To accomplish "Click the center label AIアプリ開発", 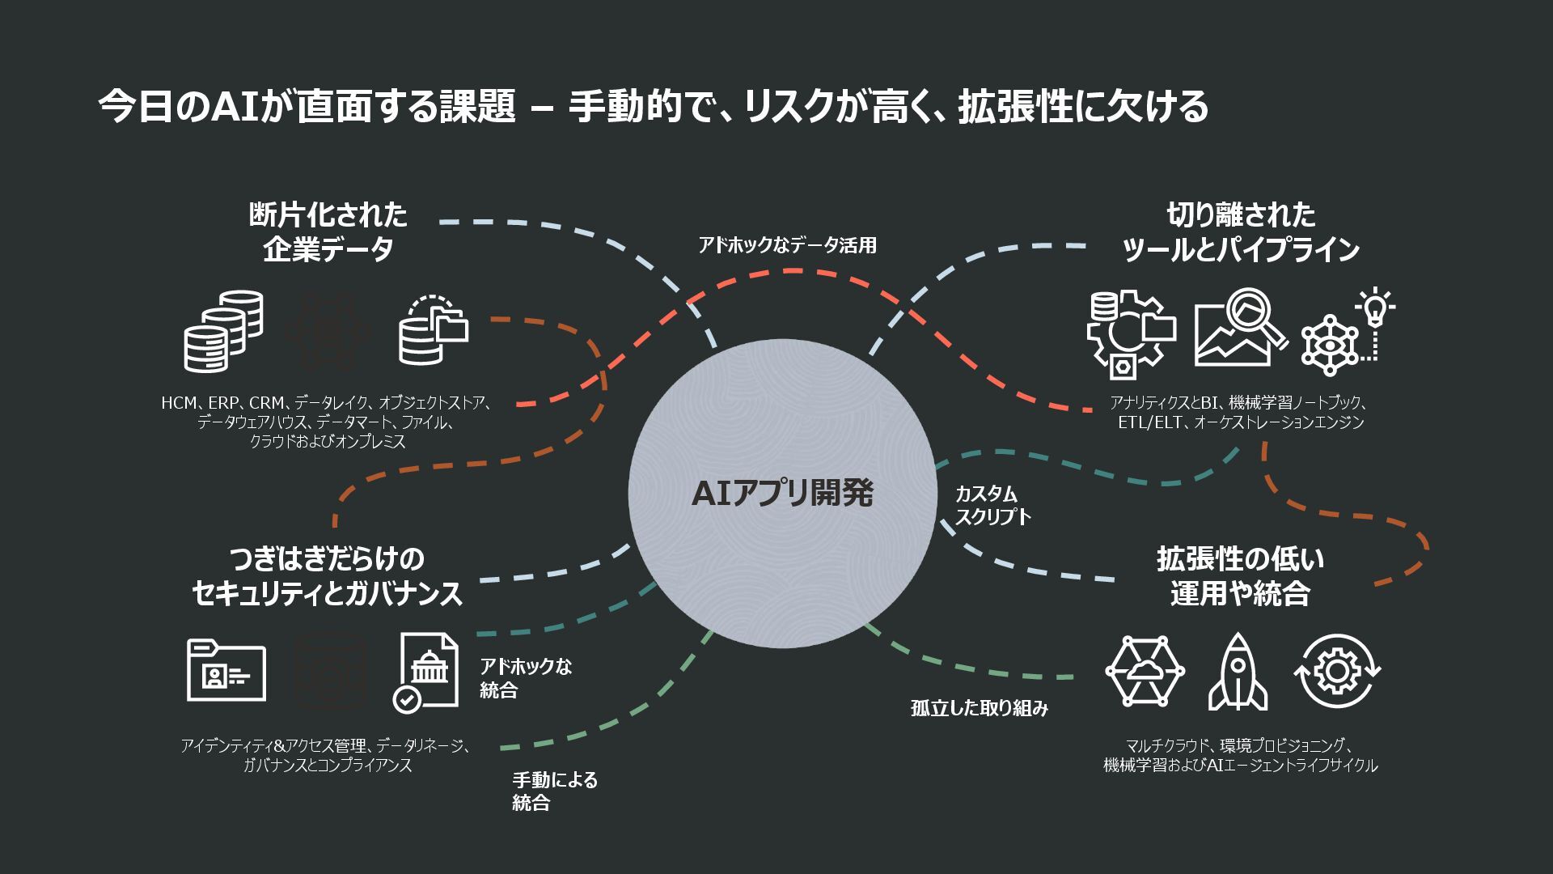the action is coord(782,494).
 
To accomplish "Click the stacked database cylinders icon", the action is coord(223,332).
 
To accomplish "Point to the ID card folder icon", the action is coord(226,670).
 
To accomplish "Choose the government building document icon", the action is coord(426,672).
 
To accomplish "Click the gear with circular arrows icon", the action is coord(1337,672).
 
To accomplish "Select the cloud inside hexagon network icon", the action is coord(1145,672).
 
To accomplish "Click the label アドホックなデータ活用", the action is coord(787,245).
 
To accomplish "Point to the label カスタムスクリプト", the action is coord(992,505).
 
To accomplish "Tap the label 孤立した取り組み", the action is coord(979,709).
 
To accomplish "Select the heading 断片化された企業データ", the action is coord(328,232).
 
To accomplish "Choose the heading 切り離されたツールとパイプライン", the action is coord(1241,232).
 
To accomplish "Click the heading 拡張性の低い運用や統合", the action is coord(1240,576).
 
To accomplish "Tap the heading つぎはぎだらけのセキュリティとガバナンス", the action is coord(327,576).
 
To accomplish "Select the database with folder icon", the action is coord(434,330).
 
